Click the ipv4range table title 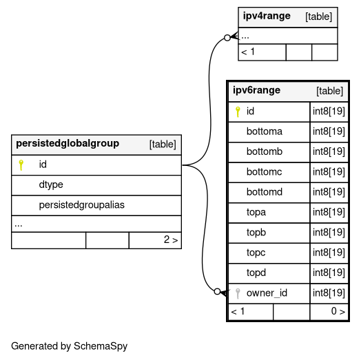tap(267, 17)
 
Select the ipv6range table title tap(256, 90)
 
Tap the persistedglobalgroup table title tap(68, 144)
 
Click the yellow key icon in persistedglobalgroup tap(21, 165)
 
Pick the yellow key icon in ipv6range tap(238, 112)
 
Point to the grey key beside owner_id tap(238, 293)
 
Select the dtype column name tap(51, 185)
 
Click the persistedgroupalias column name tap(82, 205)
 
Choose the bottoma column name tap(265, 131)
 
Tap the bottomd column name tap(265, 192)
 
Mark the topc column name tap(256, 253)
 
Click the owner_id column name tap(267, 293)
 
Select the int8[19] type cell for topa tap(329, 212)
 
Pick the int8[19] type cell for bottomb tap(329, 152)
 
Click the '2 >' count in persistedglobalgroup tap(171, 240)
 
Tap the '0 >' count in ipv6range tap(338, 311)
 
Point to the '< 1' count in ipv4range tap(248, 52)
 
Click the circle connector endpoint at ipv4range tap(227, 37)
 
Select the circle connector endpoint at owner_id tap(217, 292)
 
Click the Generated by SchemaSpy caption tap(69, 346)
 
